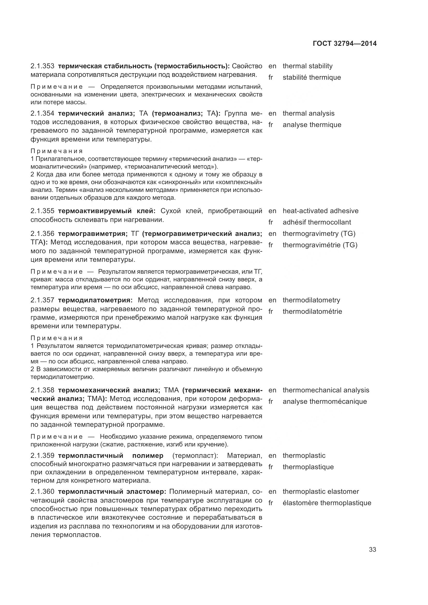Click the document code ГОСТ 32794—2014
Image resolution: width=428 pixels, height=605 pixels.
(345, 43)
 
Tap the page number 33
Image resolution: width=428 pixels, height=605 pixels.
(372, 549)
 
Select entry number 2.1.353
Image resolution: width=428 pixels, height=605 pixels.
(42, 66)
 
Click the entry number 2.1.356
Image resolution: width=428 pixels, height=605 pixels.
(42, 234)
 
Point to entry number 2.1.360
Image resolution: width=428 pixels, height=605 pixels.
(42, 491)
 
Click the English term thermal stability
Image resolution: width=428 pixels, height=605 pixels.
(308, 66)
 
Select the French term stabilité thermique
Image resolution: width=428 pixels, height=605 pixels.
(312, 78)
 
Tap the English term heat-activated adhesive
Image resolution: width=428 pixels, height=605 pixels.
(320, 211)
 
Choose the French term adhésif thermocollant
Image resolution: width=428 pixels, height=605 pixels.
(317, 222)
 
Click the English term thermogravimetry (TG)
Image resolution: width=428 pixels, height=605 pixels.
(319, 234)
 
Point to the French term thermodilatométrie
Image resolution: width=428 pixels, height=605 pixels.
(312, 311)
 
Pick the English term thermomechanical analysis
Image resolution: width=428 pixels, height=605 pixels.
(326, 390)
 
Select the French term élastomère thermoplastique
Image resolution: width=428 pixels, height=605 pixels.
(327, 503)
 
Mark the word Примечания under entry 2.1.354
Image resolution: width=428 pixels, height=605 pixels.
(57, 151)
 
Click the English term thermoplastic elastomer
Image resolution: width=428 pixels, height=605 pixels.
(321, 491)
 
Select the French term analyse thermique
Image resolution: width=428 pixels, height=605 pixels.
(312, 125)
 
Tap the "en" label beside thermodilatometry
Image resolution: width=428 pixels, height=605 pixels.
(272, 300)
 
